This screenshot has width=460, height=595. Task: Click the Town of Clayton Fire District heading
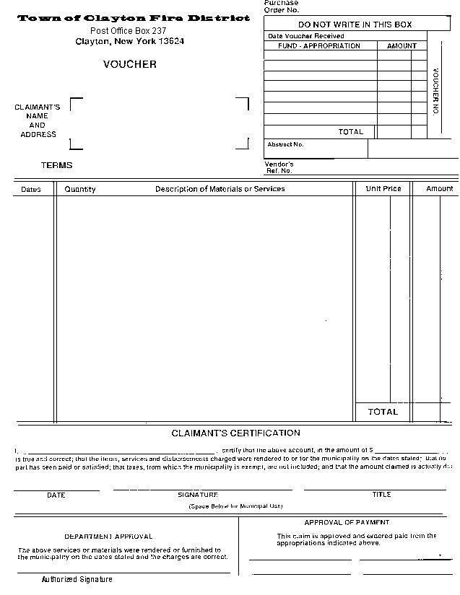pos(134,18)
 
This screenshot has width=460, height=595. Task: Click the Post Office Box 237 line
pos(128,30)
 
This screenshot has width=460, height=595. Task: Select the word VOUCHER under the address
pos(129,64)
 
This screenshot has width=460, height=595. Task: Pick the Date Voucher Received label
pos(305,35)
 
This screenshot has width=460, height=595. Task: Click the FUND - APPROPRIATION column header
pos(319,45)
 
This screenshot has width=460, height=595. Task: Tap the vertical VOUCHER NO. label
pos(436,92)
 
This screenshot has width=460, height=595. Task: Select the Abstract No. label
pos(285,144)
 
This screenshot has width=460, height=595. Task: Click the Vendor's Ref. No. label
pos(279,167)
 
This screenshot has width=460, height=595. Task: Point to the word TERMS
pos(56,165)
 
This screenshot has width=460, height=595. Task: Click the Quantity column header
pos(80,189)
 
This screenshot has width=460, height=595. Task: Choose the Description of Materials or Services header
pos(220,189)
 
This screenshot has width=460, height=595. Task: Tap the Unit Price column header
pos(383,189)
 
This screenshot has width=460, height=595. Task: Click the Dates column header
pos(31,190)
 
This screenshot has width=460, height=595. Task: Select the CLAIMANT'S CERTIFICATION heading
pos(235,433)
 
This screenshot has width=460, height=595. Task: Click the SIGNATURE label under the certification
pos(197,495)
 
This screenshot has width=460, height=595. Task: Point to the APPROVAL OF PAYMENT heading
pos(347,522)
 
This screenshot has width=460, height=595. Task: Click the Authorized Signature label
pos(77,579)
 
